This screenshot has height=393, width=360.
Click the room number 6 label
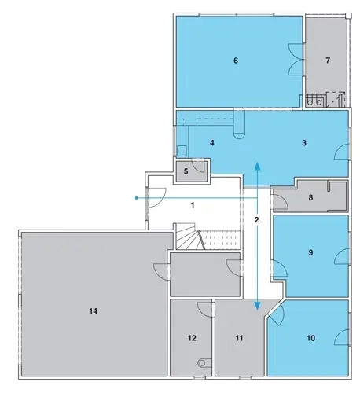[x=236, y=61]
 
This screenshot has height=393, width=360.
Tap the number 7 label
[x=328, y=61]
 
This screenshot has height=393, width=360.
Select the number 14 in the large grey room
[x=94, y=311]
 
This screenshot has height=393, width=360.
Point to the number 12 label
[x=192, y=338]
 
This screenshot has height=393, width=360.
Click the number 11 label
[x=239, y=338]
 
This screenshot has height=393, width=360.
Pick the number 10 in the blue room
[x=310, y=338]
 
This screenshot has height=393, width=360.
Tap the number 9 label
[x=310, y=252]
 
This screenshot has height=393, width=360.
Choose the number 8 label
[x=310, y=197]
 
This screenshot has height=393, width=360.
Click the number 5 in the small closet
[x=186, y=171]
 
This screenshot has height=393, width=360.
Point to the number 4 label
[x=212, y=143]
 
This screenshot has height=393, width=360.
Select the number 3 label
[x=304, y=143]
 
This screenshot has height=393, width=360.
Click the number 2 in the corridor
[x=256, y=219]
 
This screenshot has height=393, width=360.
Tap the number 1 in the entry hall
[x=193, y=205]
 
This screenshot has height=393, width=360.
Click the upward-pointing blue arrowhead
[x=258, y=166]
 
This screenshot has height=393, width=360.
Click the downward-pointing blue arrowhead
[x=258, y=306]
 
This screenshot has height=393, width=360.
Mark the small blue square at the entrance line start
[x=136, y=198]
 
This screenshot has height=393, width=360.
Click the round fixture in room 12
[x=202, y=363]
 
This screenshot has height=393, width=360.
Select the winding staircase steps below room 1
[x=188, y=237]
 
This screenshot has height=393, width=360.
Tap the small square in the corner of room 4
[x=182, y=151]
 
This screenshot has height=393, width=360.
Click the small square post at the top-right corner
[x=348, y=16]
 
